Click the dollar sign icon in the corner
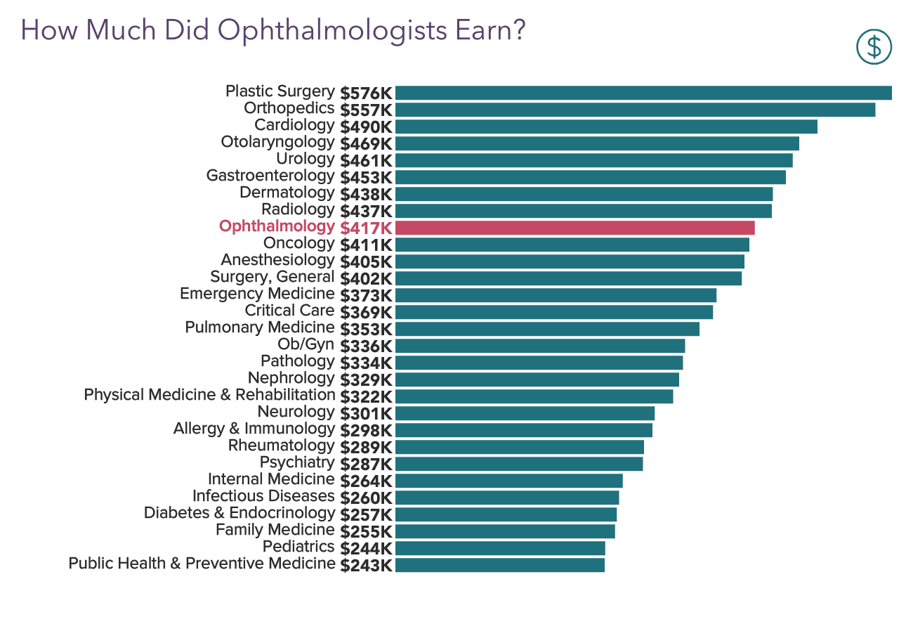click(874, 47)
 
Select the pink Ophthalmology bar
click(575, 228)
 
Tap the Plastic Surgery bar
click(643, 93)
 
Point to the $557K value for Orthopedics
click(366, 110)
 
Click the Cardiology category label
click(294, 125)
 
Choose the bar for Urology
click(593, 160)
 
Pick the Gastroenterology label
click(270, 176)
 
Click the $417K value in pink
click(366, 228)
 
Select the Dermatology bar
click(584, 194)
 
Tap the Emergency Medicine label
click(257, 294)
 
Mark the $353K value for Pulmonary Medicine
click(366, 330)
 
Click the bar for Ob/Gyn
click(539, 346)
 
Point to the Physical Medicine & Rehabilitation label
click(209, 395)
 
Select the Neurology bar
click(525, 413)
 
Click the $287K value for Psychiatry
click(366, 465)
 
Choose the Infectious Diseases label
click(263, 496)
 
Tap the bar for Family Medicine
click(505, 531)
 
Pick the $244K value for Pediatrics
click(366, 549)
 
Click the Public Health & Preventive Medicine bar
click(499, 565)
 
